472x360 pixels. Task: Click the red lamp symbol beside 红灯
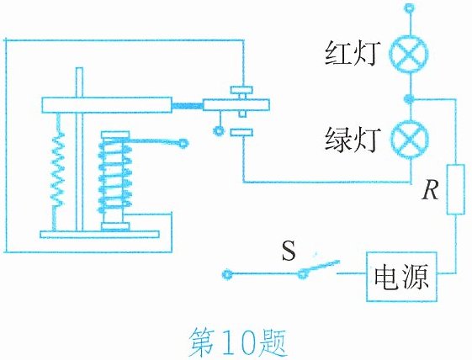(409, 54)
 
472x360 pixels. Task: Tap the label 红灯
(351, 54)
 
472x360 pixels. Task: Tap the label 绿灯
(351, 140)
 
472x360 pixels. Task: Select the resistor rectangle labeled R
(456, 189)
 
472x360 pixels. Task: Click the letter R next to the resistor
(431, 191)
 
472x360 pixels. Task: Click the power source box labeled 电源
(401, 277)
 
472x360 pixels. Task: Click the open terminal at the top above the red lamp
(409, 8)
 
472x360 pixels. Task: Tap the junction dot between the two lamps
(409, 98)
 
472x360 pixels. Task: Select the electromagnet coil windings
(115, 177)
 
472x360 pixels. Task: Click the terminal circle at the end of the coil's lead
(183, 143)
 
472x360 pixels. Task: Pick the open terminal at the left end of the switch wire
(227, 274)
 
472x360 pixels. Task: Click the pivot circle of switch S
(302, 274)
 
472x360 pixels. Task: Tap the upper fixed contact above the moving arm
(241, 90)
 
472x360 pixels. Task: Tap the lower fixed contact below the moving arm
(241, 132)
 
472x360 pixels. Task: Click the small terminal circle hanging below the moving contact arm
(218, 131)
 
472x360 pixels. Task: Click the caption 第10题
(237, 343)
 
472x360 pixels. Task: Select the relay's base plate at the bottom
(99, 235)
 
